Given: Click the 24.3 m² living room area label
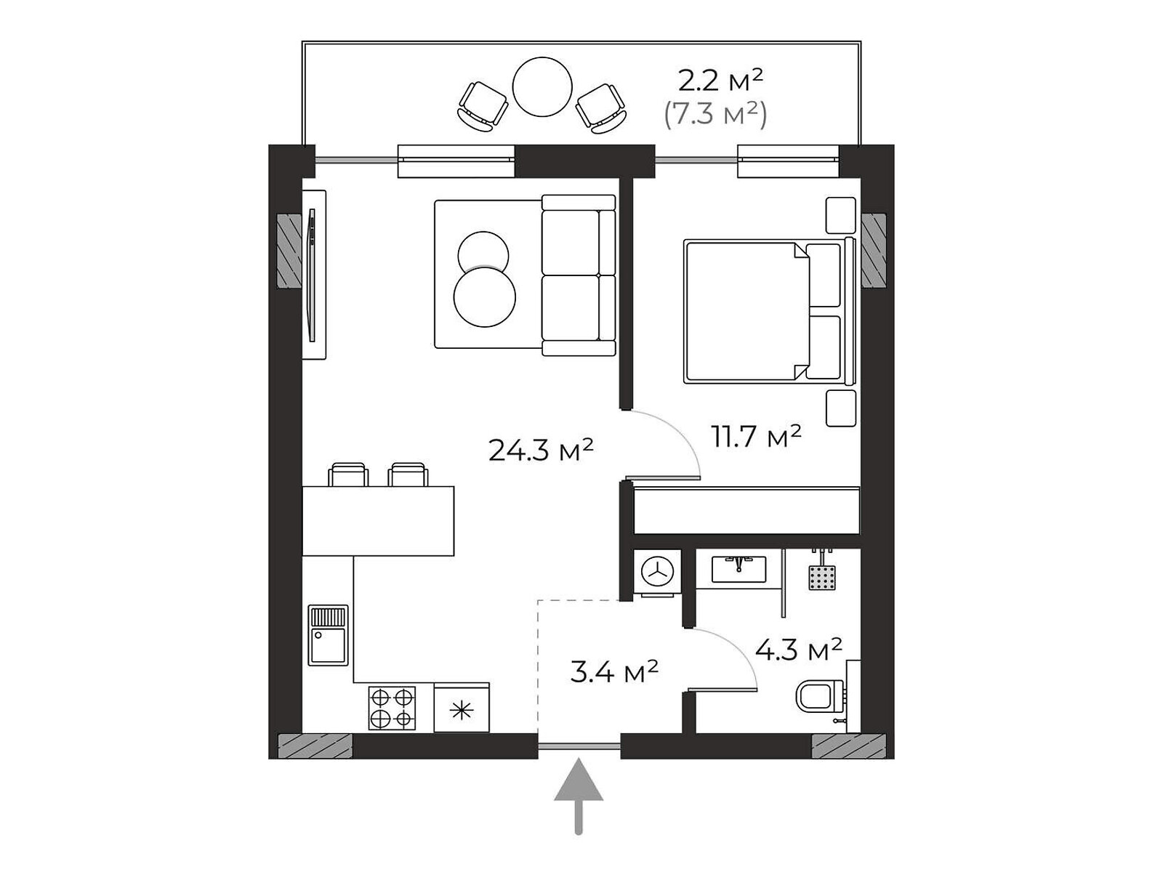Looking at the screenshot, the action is coord(541,451).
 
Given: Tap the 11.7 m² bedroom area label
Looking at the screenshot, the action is coord(756,437).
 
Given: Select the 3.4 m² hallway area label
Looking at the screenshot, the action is coord(615,672).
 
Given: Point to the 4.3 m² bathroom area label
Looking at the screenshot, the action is coord(798,650).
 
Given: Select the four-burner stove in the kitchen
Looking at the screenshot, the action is coord(392,708).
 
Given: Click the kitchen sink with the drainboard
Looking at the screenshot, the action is coord(329,635).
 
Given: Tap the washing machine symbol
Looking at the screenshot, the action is coord(658,573).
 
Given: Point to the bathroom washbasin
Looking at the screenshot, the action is coord(739,569).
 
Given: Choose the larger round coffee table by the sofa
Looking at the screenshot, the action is coord(485,297).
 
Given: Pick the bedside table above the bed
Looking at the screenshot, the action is coord(841,215).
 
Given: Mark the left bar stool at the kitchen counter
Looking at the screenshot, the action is coord(348,474).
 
